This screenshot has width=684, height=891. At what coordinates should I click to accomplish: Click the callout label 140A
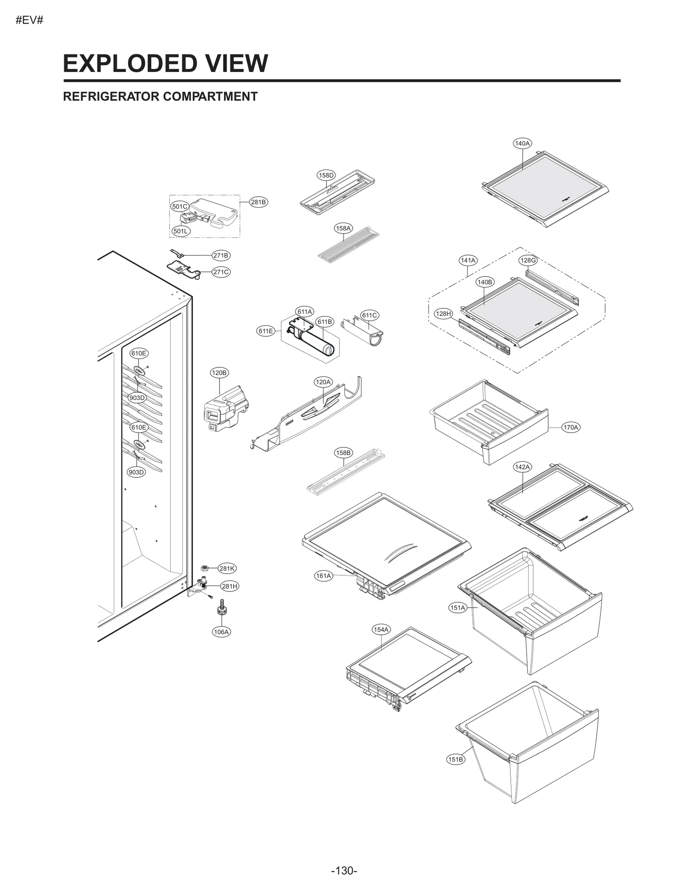pos(522,143)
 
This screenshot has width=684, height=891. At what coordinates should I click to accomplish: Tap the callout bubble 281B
pos(258,202)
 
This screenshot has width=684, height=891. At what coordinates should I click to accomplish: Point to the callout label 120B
pos(219,373)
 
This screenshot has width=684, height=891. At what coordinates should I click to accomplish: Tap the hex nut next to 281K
pos(204,568)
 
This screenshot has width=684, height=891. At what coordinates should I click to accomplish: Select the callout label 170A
pos(571,427)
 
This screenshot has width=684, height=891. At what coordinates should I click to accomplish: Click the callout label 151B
pos(455,759)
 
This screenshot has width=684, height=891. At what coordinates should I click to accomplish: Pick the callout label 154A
pos(381,629)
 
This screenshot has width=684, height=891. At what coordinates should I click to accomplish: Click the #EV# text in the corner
pos(29,20)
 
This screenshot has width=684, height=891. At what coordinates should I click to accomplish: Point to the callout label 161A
pos(324,576)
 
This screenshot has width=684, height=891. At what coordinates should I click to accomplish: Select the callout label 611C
pos(369,315)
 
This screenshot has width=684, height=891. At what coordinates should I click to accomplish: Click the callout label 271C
pos(221,272)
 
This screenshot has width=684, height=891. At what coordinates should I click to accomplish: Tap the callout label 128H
pos(443,314)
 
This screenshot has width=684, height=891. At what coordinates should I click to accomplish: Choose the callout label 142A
pos(522,467)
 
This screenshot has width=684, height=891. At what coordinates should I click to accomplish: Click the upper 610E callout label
pos(139,353)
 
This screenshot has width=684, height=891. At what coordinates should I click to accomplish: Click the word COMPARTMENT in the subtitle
pos(210,97)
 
